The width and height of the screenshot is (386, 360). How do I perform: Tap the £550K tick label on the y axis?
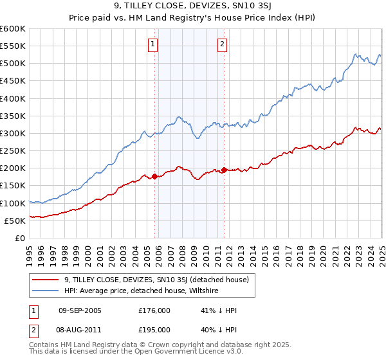tap(13, 46)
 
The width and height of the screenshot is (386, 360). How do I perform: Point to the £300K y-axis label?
tap(13, 133)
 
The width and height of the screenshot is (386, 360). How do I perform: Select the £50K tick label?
tap(15, 221)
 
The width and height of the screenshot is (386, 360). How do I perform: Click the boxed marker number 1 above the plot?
tap(153, 44)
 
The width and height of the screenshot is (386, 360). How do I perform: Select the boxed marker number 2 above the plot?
tap(222, 44)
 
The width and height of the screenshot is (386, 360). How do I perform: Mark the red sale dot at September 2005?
tap(155, 176)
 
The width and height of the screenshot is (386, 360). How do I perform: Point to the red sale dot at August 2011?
tap(225, 170)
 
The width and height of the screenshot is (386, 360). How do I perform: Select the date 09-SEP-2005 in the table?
tap(80, 310)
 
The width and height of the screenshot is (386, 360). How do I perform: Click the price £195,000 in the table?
tap(154, 329)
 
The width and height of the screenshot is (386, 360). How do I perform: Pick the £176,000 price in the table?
tap(154, 310)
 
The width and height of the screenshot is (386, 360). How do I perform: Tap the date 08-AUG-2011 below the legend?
tap(80, 329)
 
